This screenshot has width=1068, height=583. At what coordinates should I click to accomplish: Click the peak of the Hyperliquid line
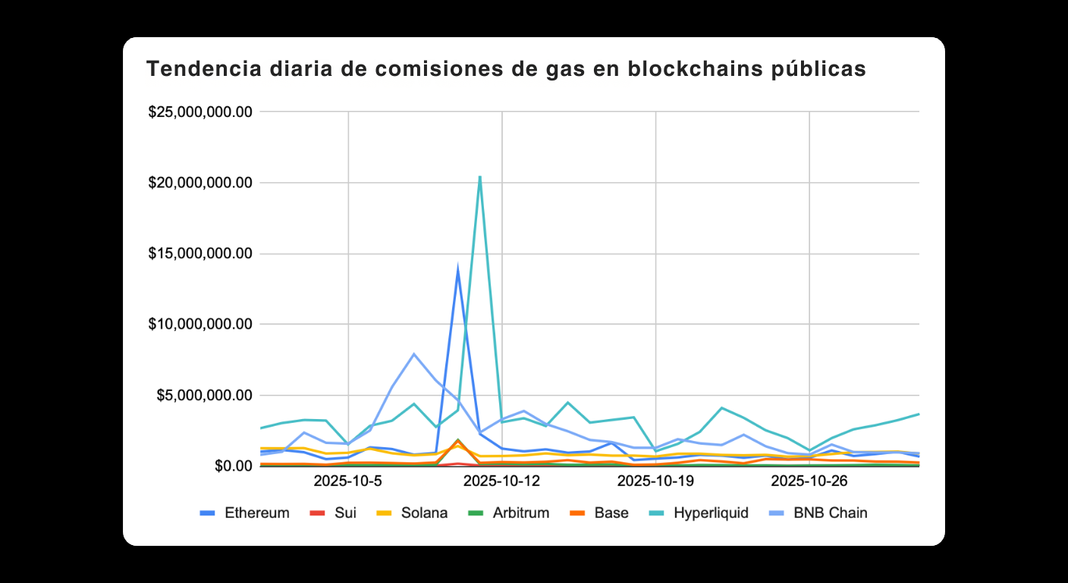point(479,177)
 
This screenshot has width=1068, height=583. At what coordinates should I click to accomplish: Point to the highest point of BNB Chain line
point(413,354)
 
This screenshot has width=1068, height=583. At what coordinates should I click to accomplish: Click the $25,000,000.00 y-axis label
point(199,112)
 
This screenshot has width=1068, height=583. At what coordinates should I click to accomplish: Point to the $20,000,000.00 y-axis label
point(199,183)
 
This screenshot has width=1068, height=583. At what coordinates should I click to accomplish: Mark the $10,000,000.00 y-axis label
point(199,324)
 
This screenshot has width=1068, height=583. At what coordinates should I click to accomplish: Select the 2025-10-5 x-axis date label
point(348,481)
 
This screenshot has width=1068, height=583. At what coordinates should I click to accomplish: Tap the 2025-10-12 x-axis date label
point(502,481)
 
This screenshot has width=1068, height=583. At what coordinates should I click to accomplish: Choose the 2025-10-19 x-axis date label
point(656,481)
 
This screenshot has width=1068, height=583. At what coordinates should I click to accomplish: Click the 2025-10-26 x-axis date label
point(810,481)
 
